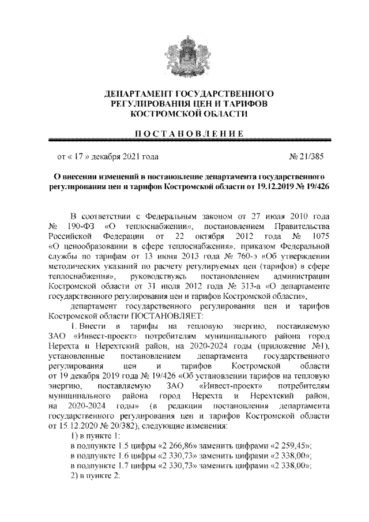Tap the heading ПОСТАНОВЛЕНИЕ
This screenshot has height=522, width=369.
[184, 133]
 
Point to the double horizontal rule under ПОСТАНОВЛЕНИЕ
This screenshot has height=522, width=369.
[184, 140]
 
